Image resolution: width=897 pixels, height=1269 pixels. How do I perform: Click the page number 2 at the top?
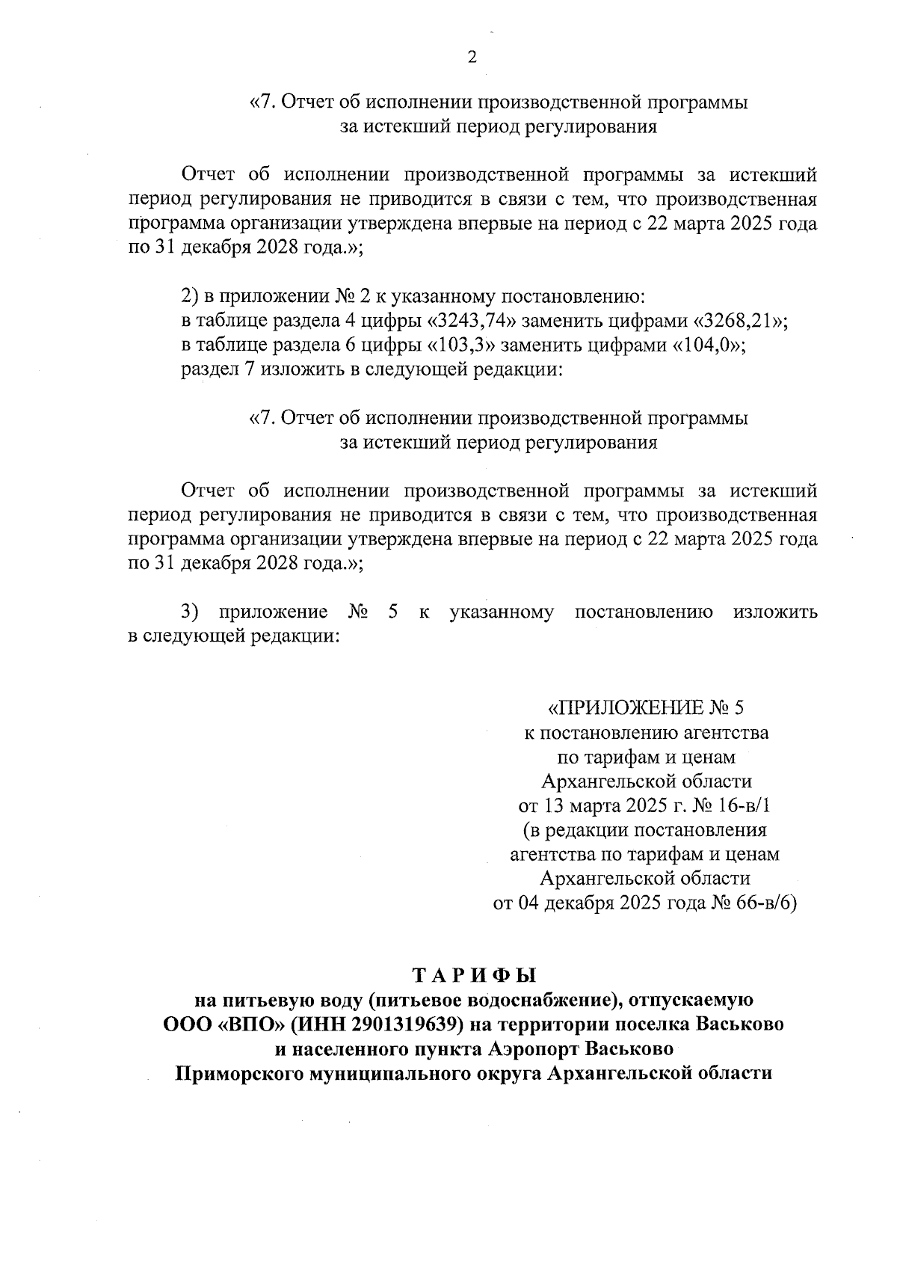[x=472, y=58]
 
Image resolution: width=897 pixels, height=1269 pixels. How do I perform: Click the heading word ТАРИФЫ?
[x=474, y=975]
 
